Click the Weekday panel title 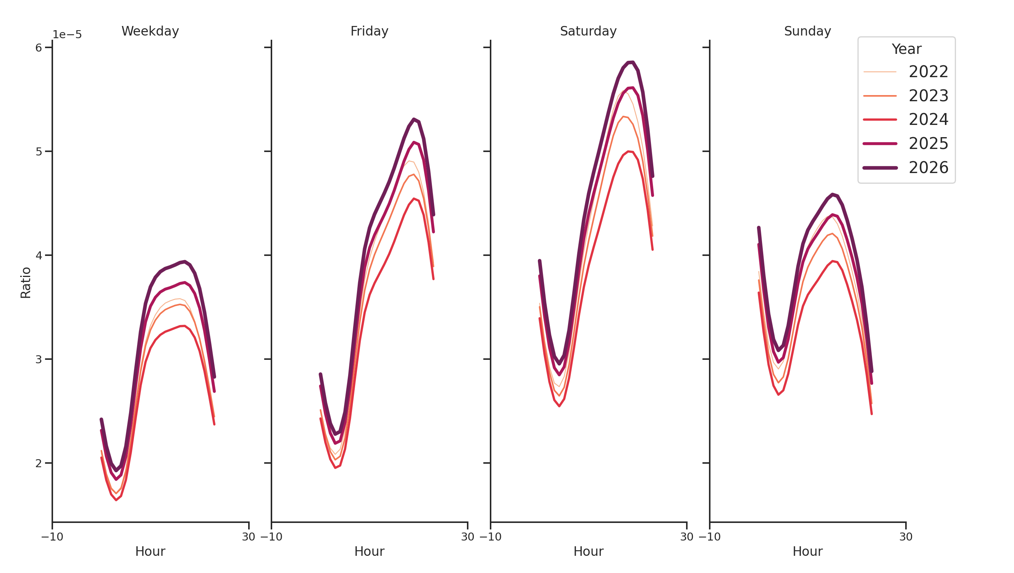(x=150, y=31)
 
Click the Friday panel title (x=369, y=31)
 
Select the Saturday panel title (x=588, y=31)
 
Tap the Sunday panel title (x=807, y=31)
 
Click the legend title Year (x=906, y=49)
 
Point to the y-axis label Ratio (x=26, y=282)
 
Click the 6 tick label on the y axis (x=39, y=48)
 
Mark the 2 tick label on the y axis (x=39, y=463)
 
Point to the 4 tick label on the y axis (x=39, y=255)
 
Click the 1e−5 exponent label (x=67, y=35)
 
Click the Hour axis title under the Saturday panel (x=588, y=551)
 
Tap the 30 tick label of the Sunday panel (x=906, y=537)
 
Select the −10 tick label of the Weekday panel (x=52, y=537)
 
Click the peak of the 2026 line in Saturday (x=631, y=62)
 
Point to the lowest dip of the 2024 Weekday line (x=116, y=500)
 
